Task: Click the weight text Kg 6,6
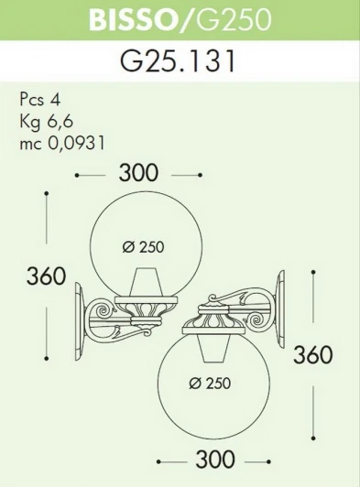click(45, 121)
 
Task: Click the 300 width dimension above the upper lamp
click(138, 172)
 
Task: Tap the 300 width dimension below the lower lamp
click(216, 459)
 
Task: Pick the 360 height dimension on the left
click(45, 276)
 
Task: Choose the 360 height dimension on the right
click(312, 354)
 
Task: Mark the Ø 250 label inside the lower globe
click(217, 384)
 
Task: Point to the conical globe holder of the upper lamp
click(142, 283)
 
